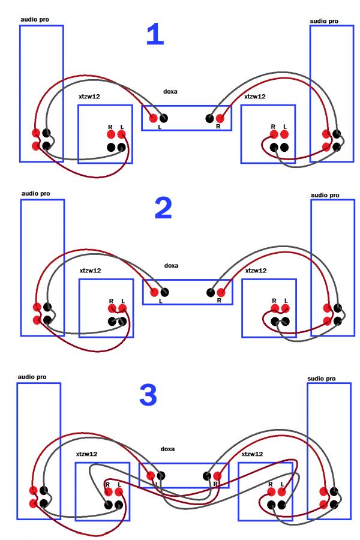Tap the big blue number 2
click(x=163, y=208)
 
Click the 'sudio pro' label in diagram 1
click(x=324, y=21)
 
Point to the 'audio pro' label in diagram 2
click(x=35, y=193)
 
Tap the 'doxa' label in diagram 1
click(x=170, y=92)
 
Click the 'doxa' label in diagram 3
click(x=167, y=449)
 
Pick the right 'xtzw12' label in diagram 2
click(x=256, y=271)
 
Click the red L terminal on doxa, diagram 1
click(x=153, y=118)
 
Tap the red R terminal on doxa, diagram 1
click(x=221, y=118)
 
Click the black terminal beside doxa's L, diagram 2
click(x=165, y=292)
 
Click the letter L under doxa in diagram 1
click(x=160, y=127)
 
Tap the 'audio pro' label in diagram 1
click(x=35, y=19)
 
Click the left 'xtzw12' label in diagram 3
click(x=86, y=454)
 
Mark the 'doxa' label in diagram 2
click(x=172, y=265)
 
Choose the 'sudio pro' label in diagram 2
click(x=325, y=195)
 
